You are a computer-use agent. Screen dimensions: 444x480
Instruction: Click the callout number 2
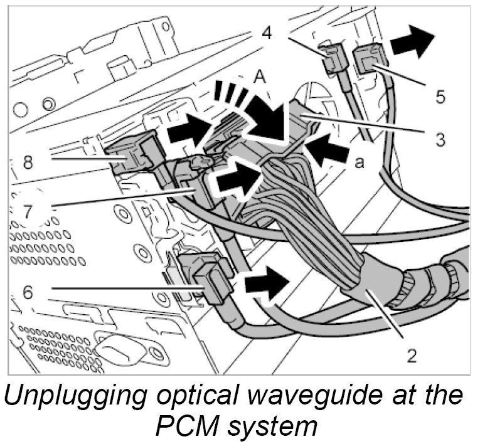(412, 356)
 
